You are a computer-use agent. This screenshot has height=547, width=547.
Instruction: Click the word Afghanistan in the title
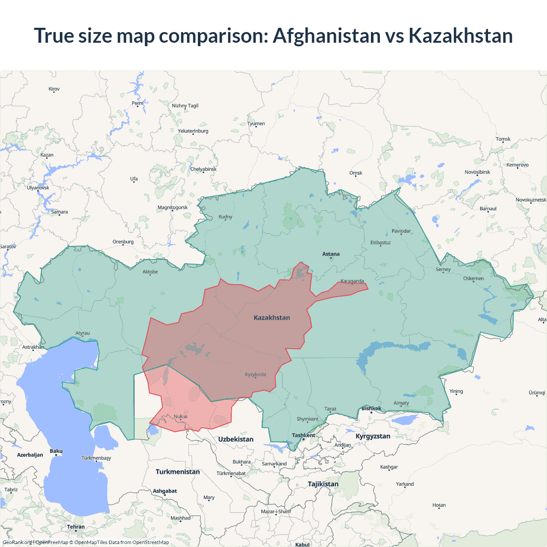326,35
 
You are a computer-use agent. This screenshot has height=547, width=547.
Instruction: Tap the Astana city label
331,254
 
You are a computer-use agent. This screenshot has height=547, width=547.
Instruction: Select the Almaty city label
401,403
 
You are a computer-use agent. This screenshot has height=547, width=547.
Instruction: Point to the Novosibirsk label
477,172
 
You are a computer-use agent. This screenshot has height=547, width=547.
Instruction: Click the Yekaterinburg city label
193,131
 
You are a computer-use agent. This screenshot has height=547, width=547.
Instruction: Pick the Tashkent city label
303,435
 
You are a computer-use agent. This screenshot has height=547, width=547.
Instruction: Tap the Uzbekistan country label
235,439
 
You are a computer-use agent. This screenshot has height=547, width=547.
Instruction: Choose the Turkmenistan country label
178,472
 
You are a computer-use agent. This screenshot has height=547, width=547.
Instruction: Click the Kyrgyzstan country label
373,436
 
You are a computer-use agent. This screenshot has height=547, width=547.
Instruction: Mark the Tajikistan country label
323,484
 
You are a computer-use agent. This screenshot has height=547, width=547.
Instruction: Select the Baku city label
56,451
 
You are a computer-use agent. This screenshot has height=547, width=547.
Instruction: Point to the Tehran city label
76,527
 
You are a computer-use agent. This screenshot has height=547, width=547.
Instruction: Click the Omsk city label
356,173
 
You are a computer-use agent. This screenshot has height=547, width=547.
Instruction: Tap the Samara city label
59,212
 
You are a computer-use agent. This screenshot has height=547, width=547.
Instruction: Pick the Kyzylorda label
256,375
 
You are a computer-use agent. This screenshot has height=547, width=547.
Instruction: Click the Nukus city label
181,416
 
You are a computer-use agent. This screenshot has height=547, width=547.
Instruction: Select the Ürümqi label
537,393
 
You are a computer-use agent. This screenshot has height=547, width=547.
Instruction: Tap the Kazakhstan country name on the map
272,318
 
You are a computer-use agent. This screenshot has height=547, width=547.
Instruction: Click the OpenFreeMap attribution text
52,542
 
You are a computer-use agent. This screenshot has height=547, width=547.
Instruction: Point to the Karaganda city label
352,281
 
